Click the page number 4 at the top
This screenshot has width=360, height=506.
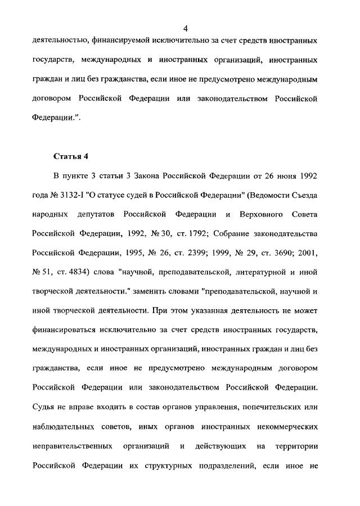(x=185, y=29)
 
